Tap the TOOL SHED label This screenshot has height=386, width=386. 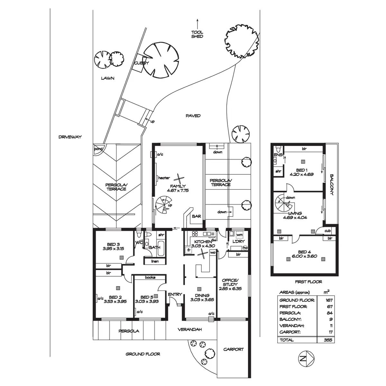click(x=197, y=34)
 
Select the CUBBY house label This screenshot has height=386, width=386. click(x=142, y=63)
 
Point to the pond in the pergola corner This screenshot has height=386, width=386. click(x=98, y=149)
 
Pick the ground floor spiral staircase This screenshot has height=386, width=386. click(x=163, y=205)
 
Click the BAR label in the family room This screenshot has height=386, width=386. click(x=196, y=216)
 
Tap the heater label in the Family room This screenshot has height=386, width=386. click(x=164, y=178)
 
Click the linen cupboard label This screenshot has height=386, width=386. click(x=155, y=261)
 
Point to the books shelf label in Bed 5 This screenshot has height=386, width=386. click(x=150, y=277)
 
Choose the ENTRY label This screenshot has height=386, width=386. click(x=175, y=294)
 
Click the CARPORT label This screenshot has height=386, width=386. click(x=234, y=349)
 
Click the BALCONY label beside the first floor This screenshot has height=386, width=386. click(x=332, y=185)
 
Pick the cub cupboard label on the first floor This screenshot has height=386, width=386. click(x=327, y=231)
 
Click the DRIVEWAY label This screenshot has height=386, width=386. click(x=70, y=137)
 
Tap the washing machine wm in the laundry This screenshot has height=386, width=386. click(x=239, y=235)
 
